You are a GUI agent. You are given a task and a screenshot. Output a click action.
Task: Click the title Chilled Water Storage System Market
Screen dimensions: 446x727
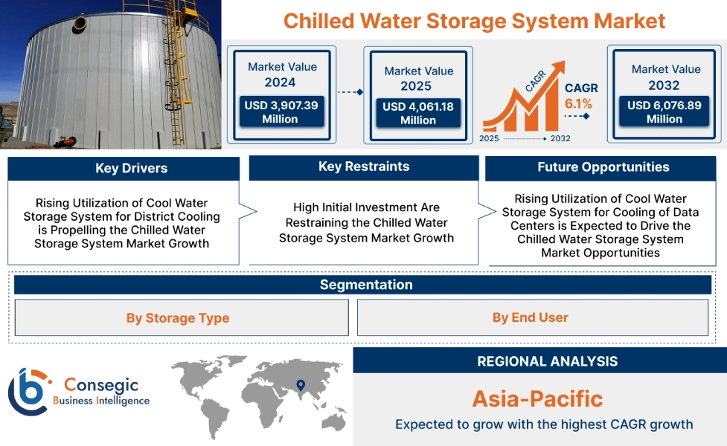point(474,20)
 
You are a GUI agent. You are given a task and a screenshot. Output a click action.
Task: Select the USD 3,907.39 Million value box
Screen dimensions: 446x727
point(281,112)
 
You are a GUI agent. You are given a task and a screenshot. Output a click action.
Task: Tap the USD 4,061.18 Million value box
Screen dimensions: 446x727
point(417,113)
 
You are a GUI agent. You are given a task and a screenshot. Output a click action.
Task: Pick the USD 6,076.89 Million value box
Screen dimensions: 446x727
point(664,112)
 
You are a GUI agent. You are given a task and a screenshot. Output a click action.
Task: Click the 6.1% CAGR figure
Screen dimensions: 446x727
point(578,103)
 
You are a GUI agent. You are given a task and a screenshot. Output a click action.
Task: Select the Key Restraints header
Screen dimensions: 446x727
point(363,167)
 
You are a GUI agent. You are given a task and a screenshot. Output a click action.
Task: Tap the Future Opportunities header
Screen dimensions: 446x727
point(603,167)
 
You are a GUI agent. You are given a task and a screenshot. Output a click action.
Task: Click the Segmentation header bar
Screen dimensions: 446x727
point(365,285)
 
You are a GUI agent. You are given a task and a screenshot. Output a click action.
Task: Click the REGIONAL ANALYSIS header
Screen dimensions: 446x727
point(547,361)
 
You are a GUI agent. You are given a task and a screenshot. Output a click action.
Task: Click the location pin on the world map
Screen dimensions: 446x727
point(301,384)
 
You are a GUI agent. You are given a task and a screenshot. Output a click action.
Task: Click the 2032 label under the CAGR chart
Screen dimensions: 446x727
point(560,138)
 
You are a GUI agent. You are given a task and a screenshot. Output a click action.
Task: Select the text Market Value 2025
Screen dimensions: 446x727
point(418,78)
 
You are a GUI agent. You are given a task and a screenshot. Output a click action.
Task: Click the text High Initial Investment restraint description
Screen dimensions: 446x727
point(366,222)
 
